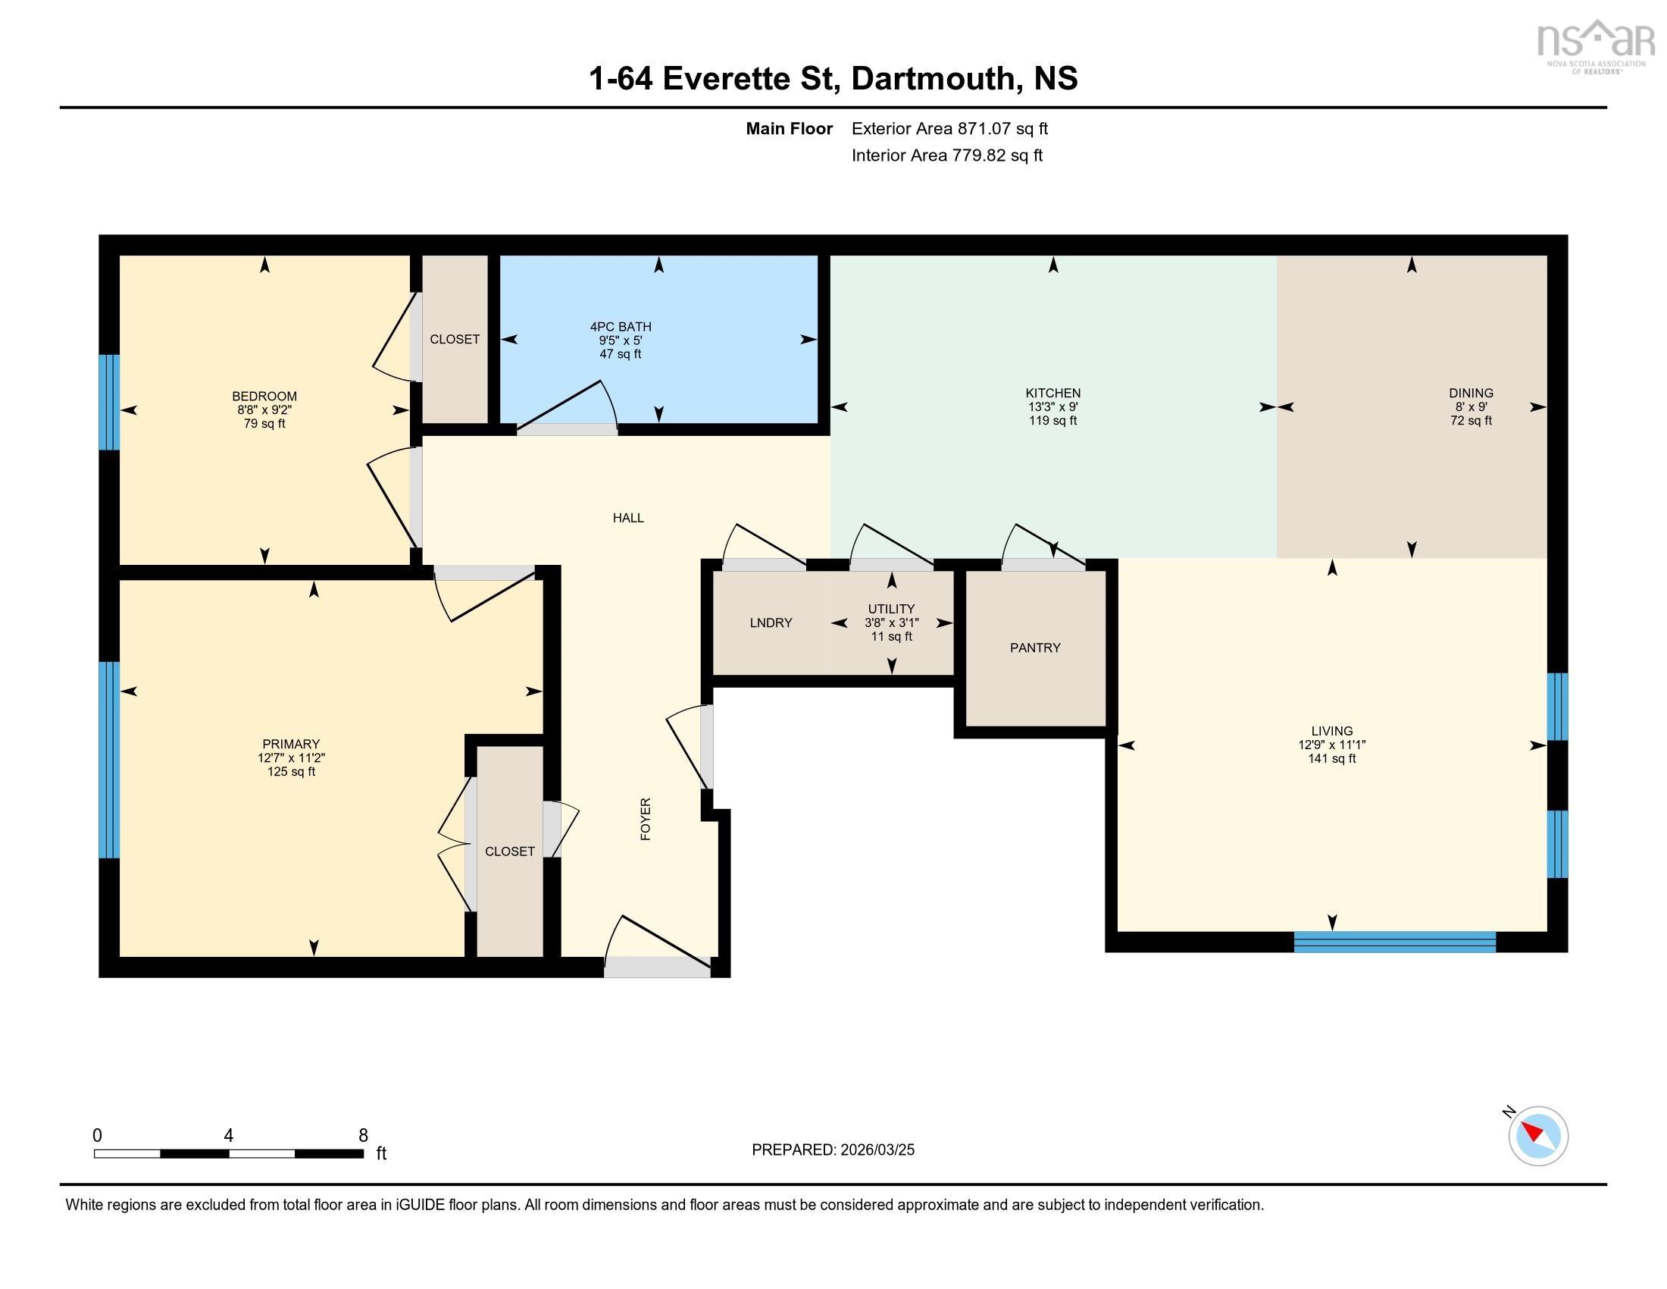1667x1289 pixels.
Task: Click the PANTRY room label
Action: click(x=1034, y=648)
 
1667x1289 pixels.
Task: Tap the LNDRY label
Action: click(x=770, y=623)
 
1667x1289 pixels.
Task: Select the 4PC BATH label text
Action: click(x=620, y=327)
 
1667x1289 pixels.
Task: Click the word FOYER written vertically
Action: click(x=646, y=820)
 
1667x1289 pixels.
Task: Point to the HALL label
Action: click(x=627, y=518)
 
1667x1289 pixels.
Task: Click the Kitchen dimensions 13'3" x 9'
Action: click(x=1052, y=407)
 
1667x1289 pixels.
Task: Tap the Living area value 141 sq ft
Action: click(x=1331, y=758)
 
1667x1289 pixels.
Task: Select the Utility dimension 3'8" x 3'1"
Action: click(x=891, y=623)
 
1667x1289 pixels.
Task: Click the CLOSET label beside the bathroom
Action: click(x=454, y=339)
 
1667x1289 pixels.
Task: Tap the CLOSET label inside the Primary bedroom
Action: click(x=509, y=851)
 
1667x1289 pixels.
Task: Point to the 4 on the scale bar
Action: click(x=228, y=1136)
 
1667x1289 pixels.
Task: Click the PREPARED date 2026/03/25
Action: click(x=876, y=1150)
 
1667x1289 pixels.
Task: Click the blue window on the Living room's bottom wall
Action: click(x=1393, y=942)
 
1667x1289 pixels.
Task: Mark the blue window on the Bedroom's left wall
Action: click(x=110, y=403)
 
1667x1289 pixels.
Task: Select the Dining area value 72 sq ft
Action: click(x=1470, y=421)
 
